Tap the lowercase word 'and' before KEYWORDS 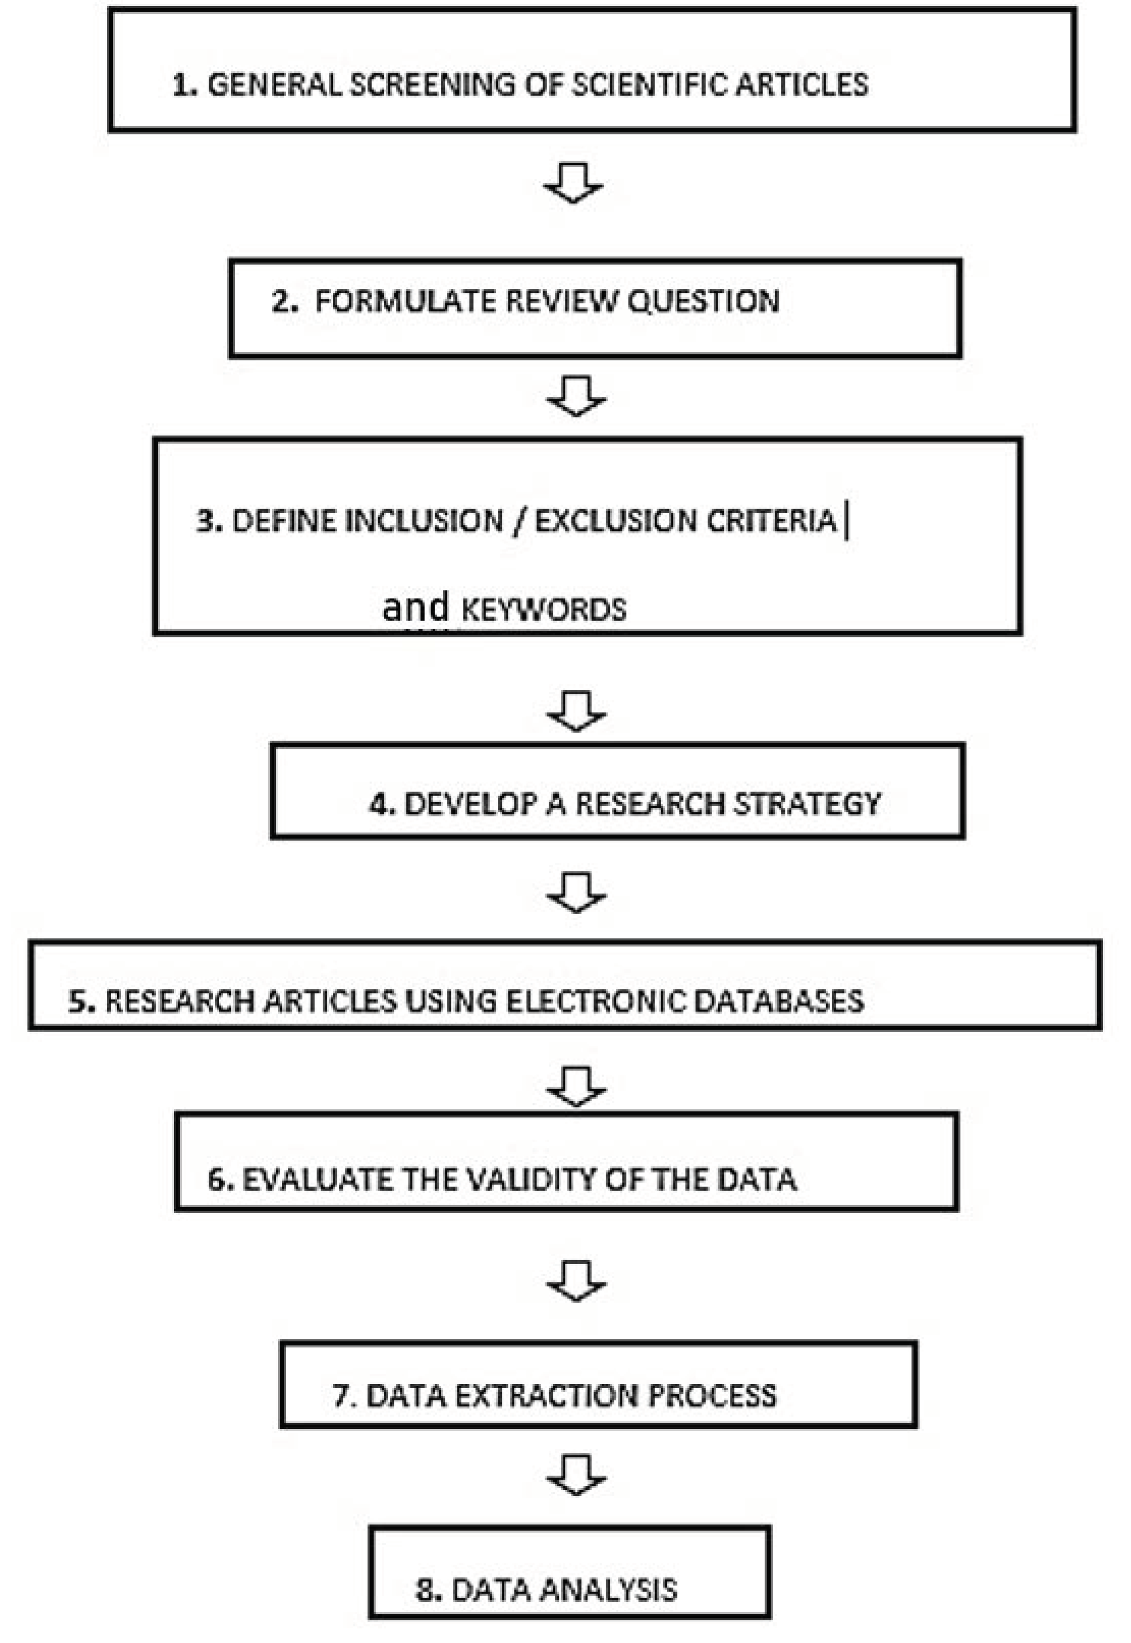coord(415,607)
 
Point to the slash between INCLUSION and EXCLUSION coord(519,521)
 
